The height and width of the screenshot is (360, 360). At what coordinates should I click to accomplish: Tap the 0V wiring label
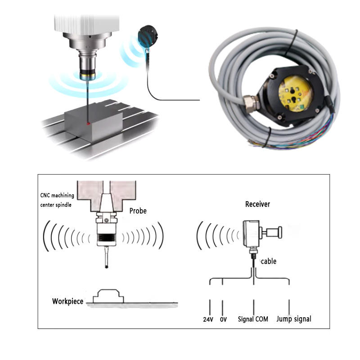(223, 319)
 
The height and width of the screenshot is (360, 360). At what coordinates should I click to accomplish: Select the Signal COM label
(253, 319)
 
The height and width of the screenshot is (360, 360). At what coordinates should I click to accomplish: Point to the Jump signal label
(293, 319)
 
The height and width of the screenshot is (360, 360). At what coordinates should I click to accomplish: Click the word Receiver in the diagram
(257, 204)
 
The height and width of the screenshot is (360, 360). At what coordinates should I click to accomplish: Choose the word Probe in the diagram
(138, 211)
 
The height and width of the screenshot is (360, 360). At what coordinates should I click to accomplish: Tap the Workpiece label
(67, 301)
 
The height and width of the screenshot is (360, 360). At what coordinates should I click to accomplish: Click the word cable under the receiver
(269, 261)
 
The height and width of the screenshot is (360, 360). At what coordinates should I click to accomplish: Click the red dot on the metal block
(89, 122)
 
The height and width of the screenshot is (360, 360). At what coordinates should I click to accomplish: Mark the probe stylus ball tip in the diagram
(106, 267)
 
